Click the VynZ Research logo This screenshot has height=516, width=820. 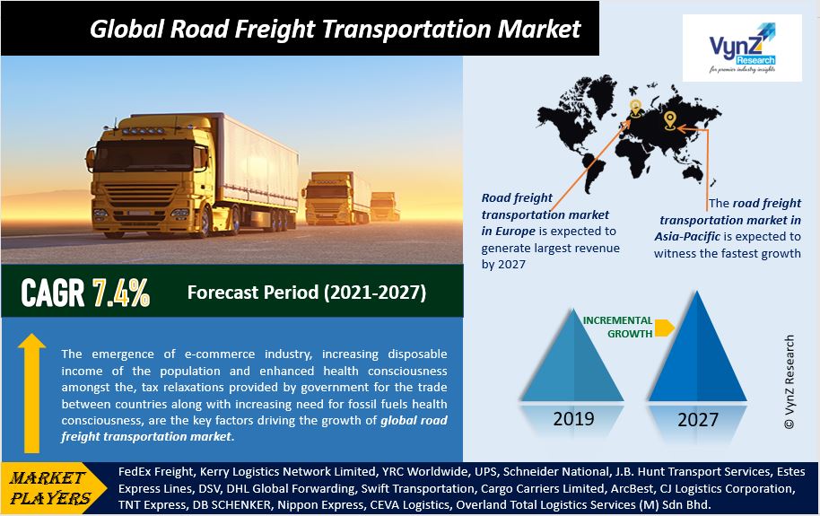coord(742,48)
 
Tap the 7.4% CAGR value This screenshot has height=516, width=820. coord(121,293)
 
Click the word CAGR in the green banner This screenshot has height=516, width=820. coord(52,293)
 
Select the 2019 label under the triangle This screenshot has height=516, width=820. coord(573,419)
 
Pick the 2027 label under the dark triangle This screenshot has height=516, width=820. coord(698,420)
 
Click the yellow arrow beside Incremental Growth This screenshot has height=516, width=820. coord(664,328)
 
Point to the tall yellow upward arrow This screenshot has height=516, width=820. coord(31,393)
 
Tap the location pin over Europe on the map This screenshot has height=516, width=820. coord(635,109)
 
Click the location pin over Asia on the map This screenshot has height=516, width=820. coord(670,120)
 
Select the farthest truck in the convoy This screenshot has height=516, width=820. coord(384,206)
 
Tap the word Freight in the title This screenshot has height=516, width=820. coord(274,30)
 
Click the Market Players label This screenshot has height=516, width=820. coord(49,487)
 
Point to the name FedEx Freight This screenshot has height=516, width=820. coord(156,472)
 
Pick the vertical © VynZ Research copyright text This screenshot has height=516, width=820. coord(789,382)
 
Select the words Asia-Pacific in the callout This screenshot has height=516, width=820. coord(687,237)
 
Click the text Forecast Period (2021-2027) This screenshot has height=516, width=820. coord(307,293)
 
